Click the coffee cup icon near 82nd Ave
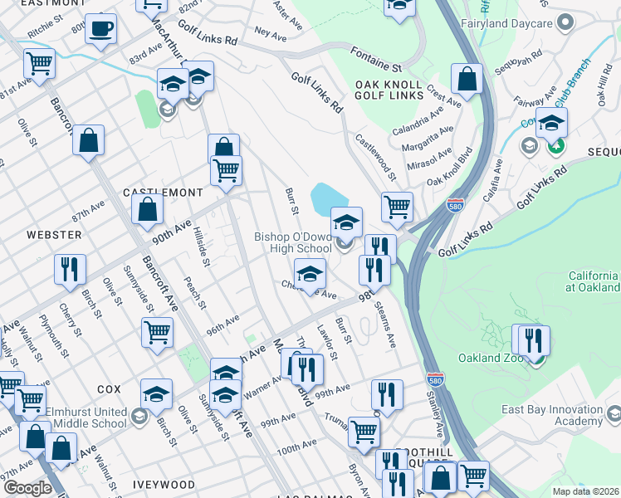click(100, 29)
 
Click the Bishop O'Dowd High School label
click(293, 242)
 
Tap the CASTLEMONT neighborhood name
click(163, 192)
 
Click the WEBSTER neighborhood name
click(54, 235)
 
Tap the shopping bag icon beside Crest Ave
click(467, 80)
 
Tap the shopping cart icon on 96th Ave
click(157, 332)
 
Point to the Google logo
click(27, 488)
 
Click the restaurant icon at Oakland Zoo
click(532, 339)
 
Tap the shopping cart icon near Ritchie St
click(39, 62)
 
